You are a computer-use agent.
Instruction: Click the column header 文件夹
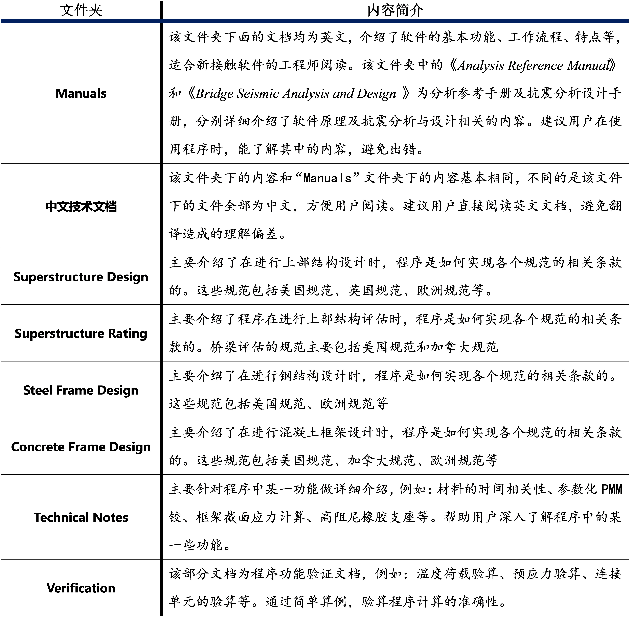click(x=81, y=10)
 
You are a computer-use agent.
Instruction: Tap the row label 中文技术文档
click(x=81, y=206)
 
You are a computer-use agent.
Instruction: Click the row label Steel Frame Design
click(x=81, y=390)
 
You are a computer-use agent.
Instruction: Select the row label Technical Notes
click(x=81, y=517)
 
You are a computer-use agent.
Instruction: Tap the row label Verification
click(x=81, y=588)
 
